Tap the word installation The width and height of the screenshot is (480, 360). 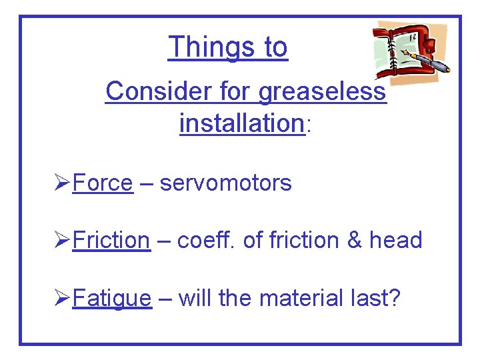pyautogui.click(x=241, y=123)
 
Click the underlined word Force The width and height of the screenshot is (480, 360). pyautogui.click(x=102, y=183)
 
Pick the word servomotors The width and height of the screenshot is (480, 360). pyautogui.click(x=225, y=183)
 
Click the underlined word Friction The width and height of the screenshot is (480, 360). pyautogui.click(x=111, y=240)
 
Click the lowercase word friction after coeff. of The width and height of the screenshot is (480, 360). pyautogui.click(x=302, y=240)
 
